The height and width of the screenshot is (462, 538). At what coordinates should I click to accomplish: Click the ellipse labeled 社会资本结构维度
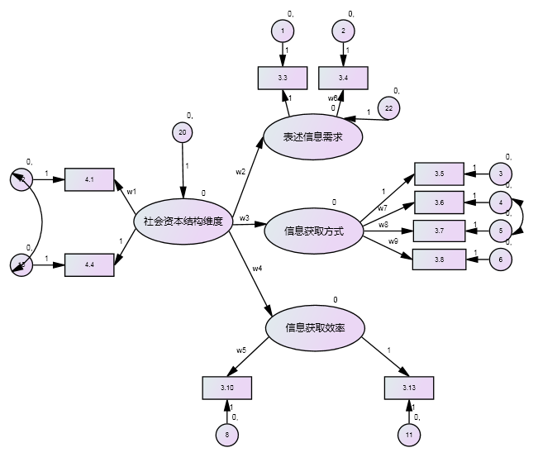click(183, 221)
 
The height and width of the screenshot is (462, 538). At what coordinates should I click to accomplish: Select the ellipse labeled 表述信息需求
click(312, 137)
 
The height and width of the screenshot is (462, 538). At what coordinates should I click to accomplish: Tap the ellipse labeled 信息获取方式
click(313, 231)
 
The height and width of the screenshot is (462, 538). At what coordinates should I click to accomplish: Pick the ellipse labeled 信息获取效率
click(315, 328)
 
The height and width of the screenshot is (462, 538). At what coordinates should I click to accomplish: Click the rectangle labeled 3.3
click(282, 77)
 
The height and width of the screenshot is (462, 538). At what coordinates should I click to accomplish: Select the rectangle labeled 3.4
click(343, 77)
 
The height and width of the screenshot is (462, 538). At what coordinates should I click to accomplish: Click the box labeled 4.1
click(89, 179)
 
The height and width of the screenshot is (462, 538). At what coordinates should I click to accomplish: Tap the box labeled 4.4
click(89, 266)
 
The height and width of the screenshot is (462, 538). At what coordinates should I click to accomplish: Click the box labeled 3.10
click(226, 388)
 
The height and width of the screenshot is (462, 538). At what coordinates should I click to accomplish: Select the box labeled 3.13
click(409, 388)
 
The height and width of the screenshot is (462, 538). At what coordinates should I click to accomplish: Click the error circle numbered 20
click(183, 132)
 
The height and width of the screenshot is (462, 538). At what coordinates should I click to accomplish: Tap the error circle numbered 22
click(388, 108)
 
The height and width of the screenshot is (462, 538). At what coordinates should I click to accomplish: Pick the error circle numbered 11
click(409, 435)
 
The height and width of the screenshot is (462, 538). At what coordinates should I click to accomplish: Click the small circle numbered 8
click(227, 435)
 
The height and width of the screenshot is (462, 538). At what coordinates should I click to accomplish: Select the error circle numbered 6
click(500, 259)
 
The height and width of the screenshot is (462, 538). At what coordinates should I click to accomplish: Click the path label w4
click(258, 269)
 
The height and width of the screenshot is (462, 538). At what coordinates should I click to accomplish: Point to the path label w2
click(240, 172)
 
